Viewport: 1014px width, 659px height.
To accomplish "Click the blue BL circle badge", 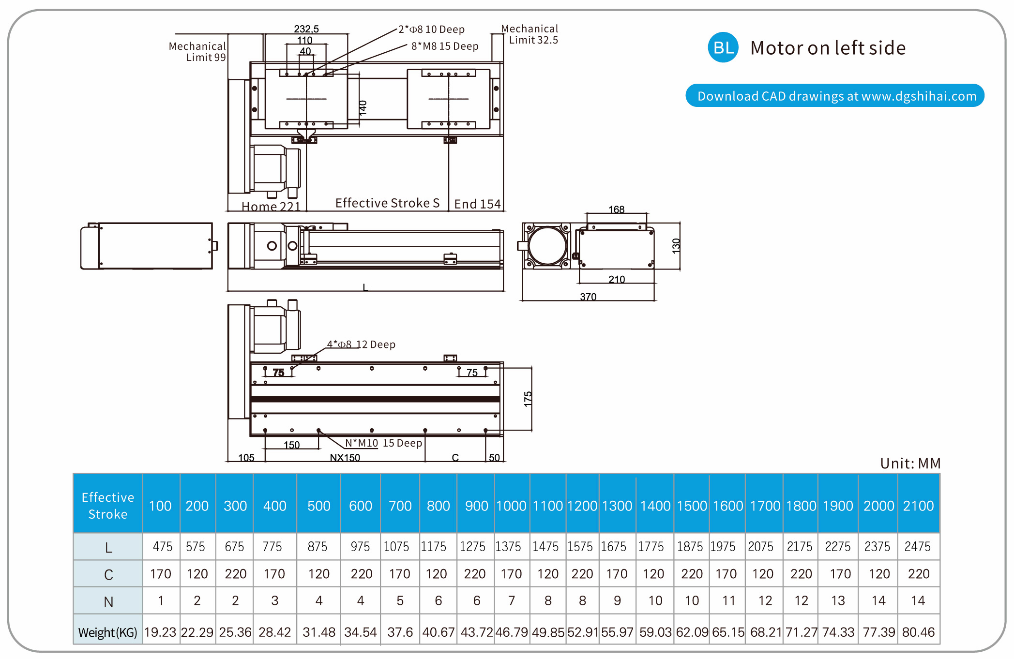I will (x=723, y=47).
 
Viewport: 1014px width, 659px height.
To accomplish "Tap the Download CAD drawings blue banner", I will (x=835, y=96).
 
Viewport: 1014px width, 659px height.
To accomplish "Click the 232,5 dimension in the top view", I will (x=306, y=29).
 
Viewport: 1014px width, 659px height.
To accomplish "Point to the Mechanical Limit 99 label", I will (x=197, y=52).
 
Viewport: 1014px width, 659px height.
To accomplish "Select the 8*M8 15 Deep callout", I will (x=445, y=46).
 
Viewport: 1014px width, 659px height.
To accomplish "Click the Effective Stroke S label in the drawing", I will (x=387, y=203).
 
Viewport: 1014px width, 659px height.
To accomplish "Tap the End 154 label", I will (x=477, y=204).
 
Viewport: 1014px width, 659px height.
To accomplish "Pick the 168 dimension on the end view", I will (x=616, y=210).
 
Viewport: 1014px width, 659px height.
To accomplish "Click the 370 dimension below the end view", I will (x=588, y=297).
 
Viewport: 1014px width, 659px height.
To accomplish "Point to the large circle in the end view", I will (x=547, y=245).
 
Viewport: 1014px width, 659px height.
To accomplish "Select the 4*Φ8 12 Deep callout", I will (x=361, y=344).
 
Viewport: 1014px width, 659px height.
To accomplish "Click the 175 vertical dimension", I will (x=528, y=399).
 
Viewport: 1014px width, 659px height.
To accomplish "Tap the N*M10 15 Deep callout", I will (x=383, y=443).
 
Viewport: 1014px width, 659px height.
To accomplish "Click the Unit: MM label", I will (x=910, y=464).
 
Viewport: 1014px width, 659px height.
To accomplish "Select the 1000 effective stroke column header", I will (x=511, y=506).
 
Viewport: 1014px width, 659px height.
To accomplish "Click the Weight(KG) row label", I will (x=108, y=632).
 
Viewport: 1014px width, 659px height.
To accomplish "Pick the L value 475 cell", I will (x=162, y=547).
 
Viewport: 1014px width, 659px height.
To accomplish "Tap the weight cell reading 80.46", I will (x=918, y=632).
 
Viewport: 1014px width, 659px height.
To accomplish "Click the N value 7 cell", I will (x=511, y=601).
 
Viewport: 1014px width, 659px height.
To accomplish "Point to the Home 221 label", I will (x=271, y=207).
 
